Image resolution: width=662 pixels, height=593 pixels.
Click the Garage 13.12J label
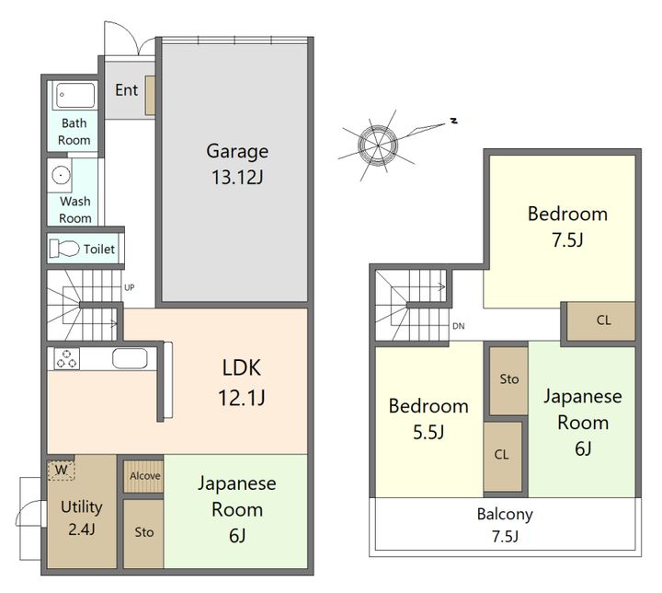pyautogui.click(x=237, y=164)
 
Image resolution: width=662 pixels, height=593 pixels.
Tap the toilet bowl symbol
pyautogui.click(x=64, y=249)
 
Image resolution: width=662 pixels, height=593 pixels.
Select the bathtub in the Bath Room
pyautogui.click(x=75, y=95)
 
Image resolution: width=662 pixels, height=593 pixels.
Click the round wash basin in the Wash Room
pyautogui.click(x=62, y=175)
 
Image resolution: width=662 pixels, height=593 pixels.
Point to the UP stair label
pyautogui.click(x=130, y=287)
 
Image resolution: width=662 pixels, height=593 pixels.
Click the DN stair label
pyautogui.click(x=459, y=326)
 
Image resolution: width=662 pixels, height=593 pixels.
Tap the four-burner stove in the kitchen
pyautogui.click(x=66, y=359)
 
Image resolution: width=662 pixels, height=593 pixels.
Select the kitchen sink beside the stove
pyautogui.click(x=130, y=359)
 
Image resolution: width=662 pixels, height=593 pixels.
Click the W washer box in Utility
pyautogui.click(x=62, y=470)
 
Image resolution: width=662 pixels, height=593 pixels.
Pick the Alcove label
pyautogui.click(x=145, y=476)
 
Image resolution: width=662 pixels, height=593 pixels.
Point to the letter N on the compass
pyautogui.click(x=454, y=121)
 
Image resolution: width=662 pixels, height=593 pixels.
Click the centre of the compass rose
pyautogui.click(x=378, y=145)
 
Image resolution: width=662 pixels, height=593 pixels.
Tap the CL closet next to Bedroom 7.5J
pyautogui.click(x=600, y=321)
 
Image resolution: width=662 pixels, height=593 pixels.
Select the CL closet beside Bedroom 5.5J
pyautogui.click(x=503, y=457)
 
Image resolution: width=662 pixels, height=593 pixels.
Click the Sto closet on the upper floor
pyautogui.click(x=508, y=380)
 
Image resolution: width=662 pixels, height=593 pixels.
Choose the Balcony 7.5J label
pyautogui.click(x=505, y=525)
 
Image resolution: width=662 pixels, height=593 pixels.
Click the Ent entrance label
pyautogui.click(x=126, y=90)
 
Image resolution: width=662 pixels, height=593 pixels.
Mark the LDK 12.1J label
pyautogui.click(x=242, y=382)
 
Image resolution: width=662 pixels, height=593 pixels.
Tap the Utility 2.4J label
pyautogui.click(x=82, y=517)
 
